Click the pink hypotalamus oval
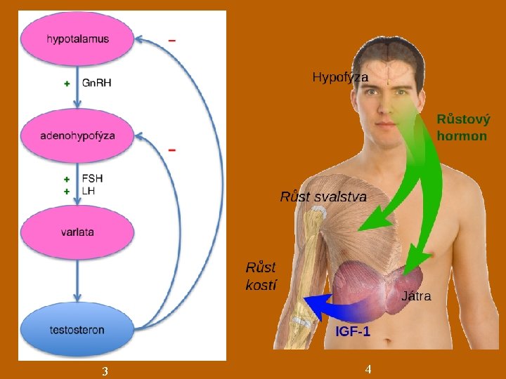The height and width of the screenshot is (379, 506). [77, 39]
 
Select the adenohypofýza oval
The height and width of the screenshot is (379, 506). [77, 135]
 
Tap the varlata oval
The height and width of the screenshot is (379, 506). [77, 232]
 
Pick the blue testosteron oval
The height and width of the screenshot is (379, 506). [77, 329]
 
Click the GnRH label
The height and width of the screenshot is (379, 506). [97, 83]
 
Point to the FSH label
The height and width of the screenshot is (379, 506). [92, 179]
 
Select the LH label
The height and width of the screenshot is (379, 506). [89, 190]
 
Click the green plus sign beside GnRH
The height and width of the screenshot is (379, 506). [67, 83]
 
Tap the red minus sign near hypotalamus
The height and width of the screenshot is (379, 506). [172, 41]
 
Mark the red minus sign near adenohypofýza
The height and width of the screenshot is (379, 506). [172, 150]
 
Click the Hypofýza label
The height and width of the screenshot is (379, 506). [340, 77]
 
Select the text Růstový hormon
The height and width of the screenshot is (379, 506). [462, 128]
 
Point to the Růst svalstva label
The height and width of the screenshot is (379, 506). [323, 197]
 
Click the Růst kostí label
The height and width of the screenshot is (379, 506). [261, 276]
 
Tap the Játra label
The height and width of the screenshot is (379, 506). [416, 296]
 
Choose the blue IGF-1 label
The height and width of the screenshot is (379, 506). [353, 331]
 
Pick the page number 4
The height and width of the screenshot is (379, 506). [368, 369]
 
